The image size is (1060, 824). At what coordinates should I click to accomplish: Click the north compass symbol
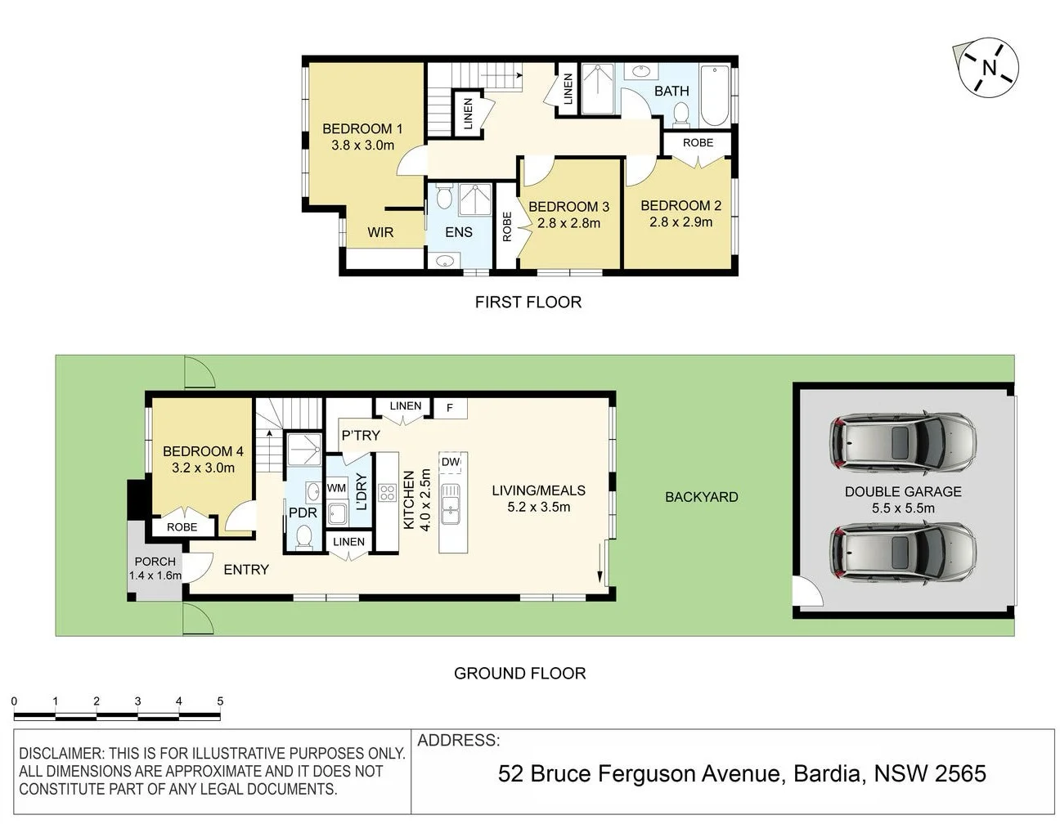point(989,67)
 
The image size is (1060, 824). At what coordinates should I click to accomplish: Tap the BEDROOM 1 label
point(362,128)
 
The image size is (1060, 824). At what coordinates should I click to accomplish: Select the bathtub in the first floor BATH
point(714,96)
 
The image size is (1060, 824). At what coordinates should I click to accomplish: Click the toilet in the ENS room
point(444,198)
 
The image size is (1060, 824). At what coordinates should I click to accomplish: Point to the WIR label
point(380,232)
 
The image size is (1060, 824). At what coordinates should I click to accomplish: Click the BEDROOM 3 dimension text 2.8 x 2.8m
point(568,222)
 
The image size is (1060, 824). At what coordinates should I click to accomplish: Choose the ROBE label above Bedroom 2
point(698,142)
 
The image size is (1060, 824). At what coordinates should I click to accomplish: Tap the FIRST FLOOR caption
point(528,302)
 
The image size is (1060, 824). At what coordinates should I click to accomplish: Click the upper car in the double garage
point(903,443)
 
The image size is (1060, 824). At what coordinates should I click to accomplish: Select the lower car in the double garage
point(903,553)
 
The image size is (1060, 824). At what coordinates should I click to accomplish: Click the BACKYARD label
point(701,496)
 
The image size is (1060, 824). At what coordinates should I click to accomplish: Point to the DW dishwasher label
point(451,462)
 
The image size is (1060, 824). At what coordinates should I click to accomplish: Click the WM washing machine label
point(336,488)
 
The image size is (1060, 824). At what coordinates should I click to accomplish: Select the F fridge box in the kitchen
point(449,407)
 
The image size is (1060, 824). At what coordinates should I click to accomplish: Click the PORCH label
point(155,561)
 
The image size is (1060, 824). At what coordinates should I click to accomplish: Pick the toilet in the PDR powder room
point(303,536)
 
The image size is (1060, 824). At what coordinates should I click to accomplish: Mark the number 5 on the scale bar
point(220,701)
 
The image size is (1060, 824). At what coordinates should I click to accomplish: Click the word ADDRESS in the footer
point(458,741)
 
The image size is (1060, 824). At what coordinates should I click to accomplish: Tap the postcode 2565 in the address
point(960,773)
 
